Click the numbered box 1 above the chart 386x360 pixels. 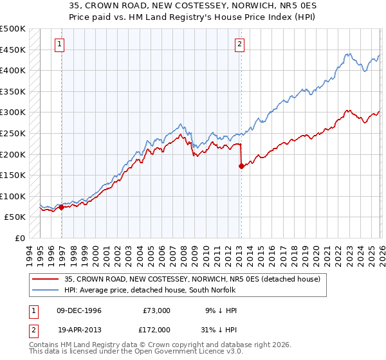point(59,44)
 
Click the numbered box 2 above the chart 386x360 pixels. point(239,44)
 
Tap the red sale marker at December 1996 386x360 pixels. point(62,207)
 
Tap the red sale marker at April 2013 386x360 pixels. point(241,166)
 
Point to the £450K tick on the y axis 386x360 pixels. point(13,50)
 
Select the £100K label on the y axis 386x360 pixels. point(13,196)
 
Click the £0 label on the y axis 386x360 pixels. point(19,238)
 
